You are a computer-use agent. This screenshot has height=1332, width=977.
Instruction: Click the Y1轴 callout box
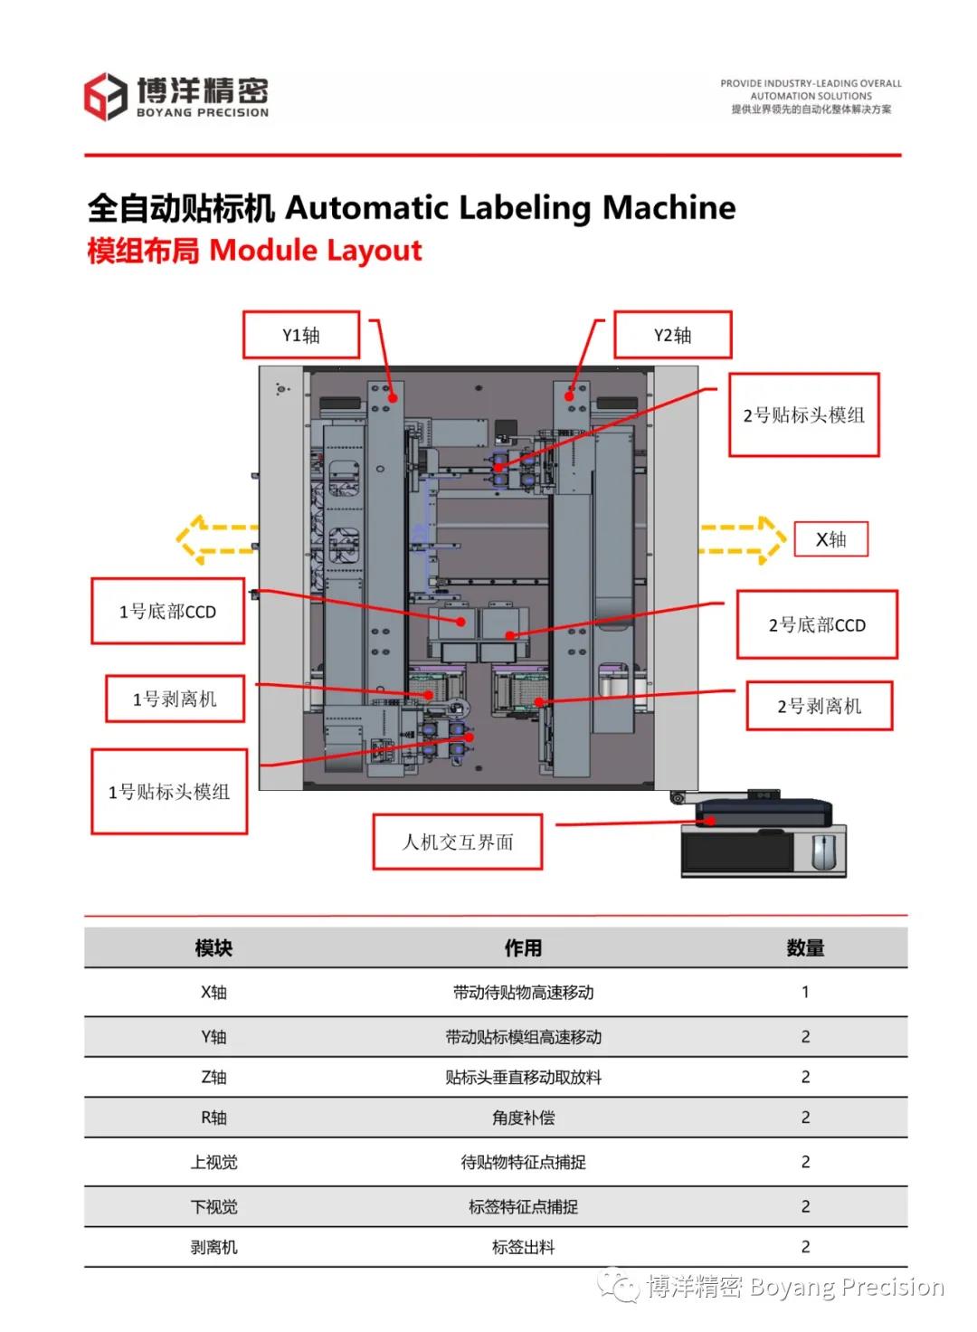[301, 335]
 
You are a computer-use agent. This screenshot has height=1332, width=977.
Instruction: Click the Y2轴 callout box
[672, 335]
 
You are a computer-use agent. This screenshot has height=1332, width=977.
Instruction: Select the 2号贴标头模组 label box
[804, 414]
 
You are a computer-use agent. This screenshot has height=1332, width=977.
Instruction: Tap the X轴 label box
[830, 539]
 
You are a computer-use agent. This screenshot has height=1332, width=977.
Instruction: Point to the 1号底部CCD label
[167, 612]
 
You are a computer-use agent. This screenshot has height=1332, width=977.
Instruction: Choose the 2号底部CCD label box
[817, 624]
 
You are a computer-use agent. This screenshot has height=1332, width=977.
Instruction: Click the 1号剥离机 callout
[175, 699]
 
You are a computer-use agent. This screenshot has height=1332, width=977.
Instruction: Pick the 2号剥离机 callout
[819, 706]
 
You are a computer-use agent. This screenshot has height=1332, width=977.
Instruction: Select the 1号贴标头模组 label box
[169, 792]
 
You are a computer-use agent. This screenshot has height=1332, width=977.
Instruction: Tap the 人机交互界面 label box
[458, 842]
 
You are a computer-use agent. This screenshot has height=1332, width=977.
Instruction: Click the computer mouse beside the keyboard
[822, 852]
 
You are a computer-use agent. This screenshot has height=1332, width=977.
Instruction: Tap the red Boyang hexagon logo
[105, 97]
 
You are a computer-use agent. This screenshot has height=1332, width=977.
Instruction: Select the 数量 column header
[805, 947]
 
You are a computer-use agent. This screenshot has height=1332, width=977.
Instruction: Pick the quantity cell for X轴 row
[805, 992]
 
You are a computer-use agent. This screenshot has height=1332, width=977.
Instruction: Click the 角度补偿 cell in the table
[523, 1118]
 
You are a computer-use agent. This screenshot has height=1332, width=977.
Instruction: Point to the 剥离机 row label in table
[213, 1247]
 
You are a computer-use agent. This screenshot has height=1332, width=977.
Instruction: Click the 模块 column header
[213, 947]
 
